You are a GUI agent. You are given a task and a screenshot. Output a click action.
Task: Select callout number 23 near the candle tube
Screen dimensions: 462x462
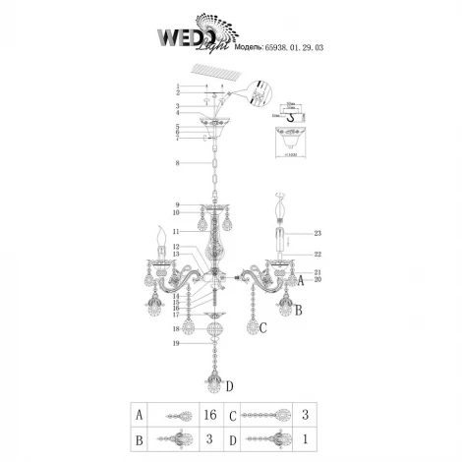[x=318, y=233]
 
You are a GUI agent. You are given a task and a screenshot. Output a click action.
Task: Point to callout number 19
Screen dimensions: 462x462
[x=176, y=344]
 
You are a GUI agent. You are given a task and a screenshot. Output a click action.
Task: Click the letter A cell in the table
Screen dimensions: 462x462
[x=142, y=416]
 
